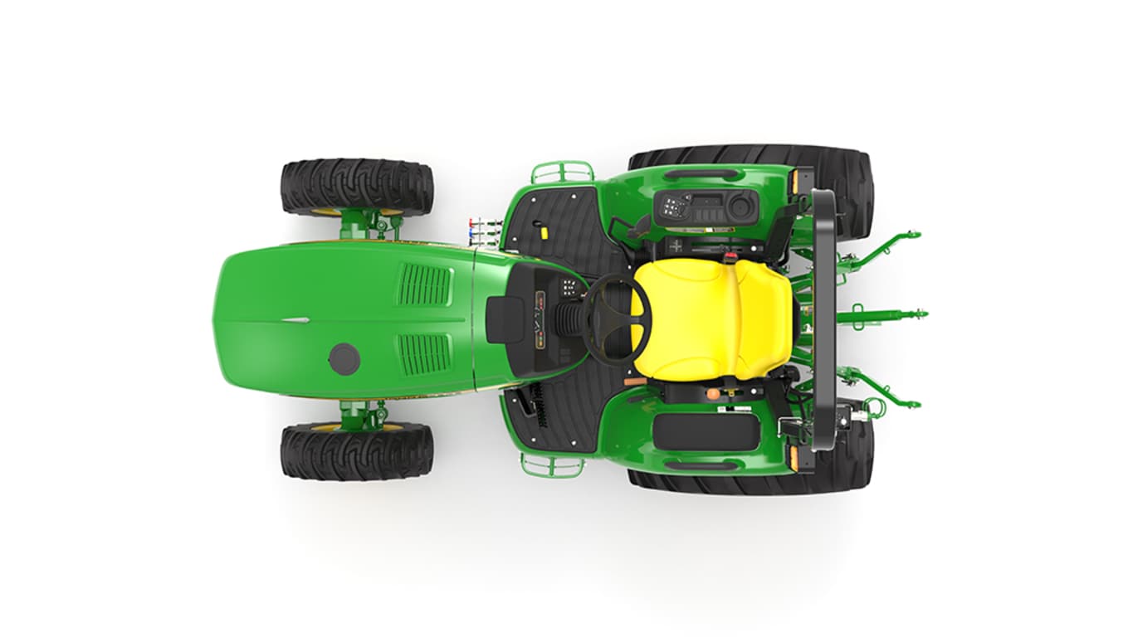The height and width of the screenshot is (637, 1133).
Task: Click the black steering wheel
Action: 616,319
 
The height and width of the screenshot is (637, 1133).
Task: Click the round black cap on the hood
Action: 344,358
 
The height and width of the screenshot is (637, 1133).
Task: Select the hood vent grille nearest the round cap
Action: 424,353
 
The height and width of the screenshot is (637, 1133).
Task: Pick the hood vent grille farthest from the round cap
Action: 424,285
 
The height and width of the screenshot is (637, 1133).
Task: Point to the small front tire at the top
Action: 356,188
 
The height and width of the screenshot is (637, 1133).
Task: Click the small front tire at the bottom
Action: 356,451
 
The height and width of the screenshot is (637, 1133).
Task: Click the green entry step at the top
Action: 562,173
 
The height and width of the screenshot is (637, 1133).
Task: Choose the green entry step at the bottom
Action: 552,465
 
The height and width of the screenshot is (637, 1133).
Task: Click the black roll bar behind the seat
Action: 823,319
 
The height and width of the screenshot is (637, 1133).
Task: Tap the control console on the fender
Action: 706,208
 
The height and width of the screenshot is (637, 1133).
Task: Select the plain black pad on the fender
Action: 706,431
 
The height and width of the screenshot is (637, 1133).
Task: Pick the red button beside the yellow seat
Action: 731,246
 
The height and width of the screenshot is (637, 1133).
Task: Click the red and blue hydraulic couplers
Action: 484,230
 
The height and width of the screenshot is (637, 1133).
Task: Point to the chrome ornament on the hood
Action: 295,319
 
